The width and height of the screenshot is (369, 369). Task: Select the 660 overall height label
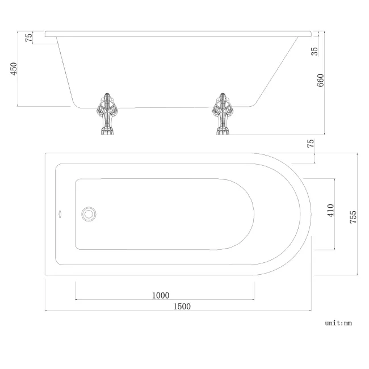point(320,80)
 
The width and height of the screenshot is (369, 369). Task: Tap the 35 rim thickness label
point(315,51)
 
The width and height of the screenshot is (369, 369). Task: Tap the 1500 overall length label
point(182,307)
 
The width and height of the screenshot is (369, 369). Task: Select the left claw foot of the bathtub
point(107,114)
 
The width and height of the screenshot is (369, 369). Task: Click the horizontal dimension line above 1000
point(165,300)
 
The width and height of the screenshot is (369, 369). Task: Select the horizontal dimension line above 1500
point(178,311)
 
